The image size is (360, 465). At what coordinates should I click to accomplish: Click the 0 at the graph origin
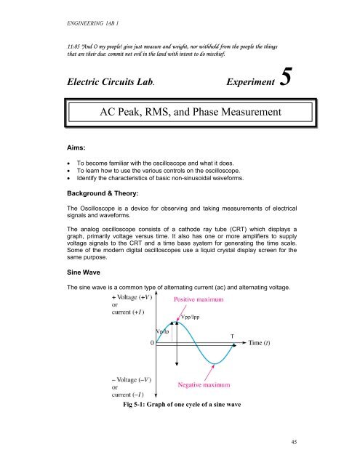(151, 344)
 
